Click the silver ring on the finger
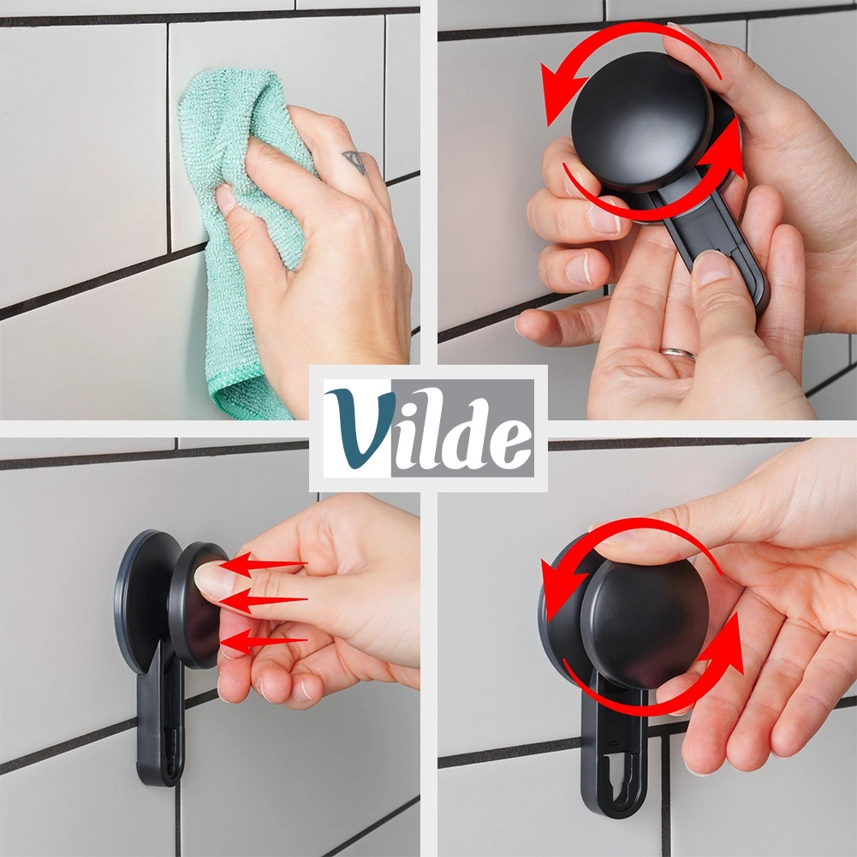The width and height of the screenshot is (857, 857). [678, 354]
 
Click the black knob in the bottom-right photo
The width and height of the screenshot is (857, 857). [645, 623]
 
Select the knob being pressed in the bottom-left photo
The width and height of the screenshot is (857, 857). [197, 604]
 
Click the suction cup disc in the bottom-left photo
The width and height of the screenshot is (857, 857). [146, 600]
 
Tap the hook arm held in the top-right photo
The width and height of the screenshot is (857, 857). [711, 246]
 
